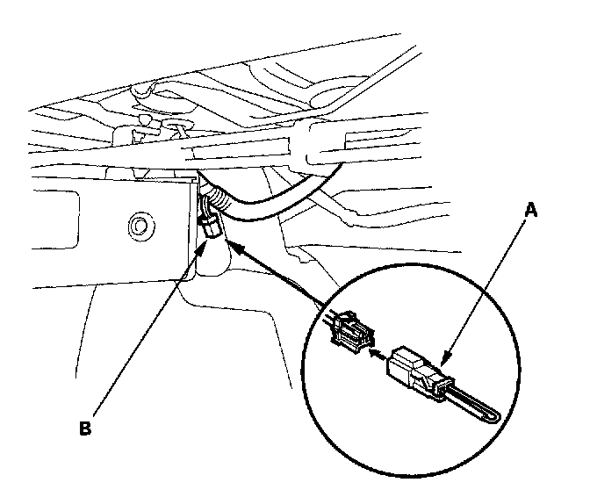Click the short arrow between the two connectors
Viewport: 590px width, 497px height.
(x=377, y=354)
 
